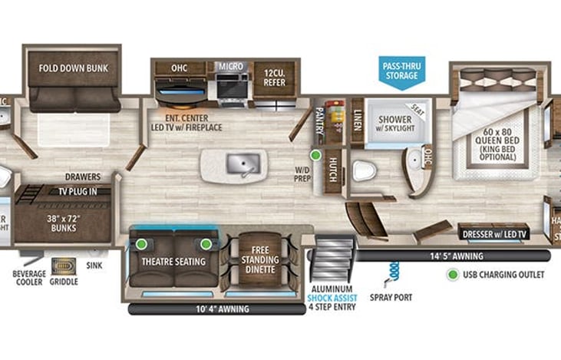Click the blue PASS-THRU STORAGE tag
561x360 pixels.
tap(401, 71)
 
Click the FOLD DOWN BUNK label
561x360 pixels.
tap(74, 68)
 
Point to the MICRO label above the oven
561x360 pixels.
tap(230, 67)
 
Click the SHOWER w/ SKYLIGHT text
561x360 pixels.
tap(394, 123)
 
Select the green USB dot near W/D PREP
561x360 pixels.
tap(315, 155)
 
